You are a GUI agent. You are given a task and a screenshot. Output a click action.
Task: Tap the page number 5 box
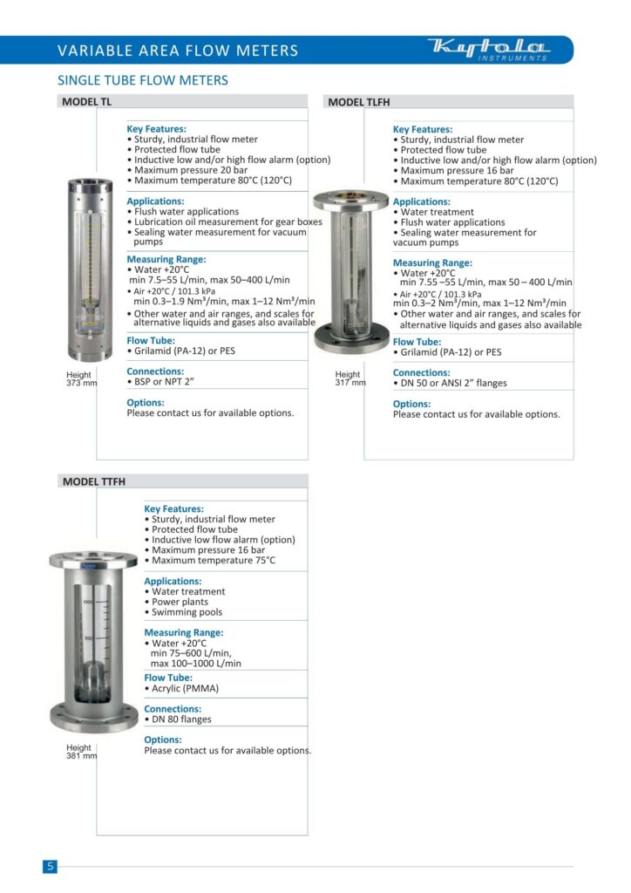51,866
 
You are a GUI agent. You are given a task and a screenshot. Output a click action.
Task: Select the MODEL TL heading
87,102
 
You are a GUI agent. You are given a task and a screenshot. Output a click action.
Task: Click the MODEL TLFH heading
358,102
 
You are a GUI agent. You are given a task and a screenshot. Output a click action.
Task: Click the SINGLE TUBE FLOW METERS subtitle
142,80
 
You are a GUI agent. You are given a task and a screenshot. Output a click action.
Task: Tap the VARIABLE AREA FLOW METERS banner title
178,51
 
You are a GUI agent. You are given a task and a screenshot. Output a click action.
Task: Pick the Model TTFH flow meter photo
93,641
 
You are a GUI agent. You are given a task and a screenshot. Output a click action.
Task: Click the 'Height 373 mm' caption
81,379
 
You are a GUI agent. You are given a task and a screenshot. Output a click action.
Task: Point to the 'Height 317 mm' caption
349,379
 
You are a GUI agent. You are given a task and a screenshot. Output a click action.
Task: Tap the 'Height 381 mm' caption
81,752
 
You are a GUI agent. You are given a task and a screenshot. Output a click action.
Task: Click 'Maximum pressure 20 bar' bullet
190,170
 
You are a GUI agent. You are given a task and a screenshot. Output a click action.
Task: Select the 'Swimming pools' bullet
187,612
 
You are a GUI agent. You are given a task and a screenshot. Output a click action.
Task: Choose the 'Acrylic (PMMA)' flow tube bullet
185,688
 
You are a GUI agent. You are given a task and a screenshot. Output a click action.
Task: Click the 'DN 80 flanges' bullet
181,719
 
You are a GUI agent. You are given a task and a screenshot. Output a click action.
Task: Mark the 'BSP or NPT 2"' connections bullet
166,382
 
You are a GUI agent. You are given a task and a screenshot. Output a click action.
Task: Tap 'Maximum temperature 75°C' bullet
213,560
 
